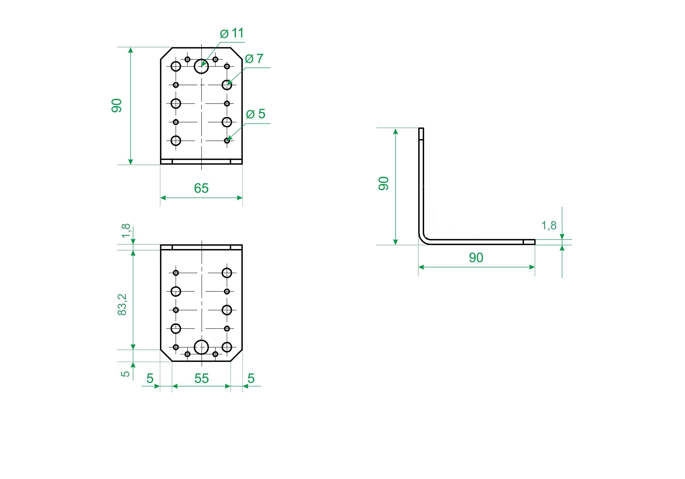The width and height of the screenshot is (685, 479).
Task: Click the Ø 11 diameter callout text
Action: click(x=232, y=33)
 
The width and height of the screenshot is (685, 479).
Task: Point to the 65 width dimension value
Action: click(x=201, y=188)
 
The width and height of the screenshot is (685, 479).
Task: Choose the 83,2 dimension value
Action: click(x=122, y=304)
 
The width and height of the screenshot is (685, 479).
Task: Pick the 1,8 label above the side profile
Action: click(x=549, y=226)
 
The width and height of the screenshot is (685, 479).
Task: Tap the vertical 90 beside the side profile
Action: click(x=384, y=183)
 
